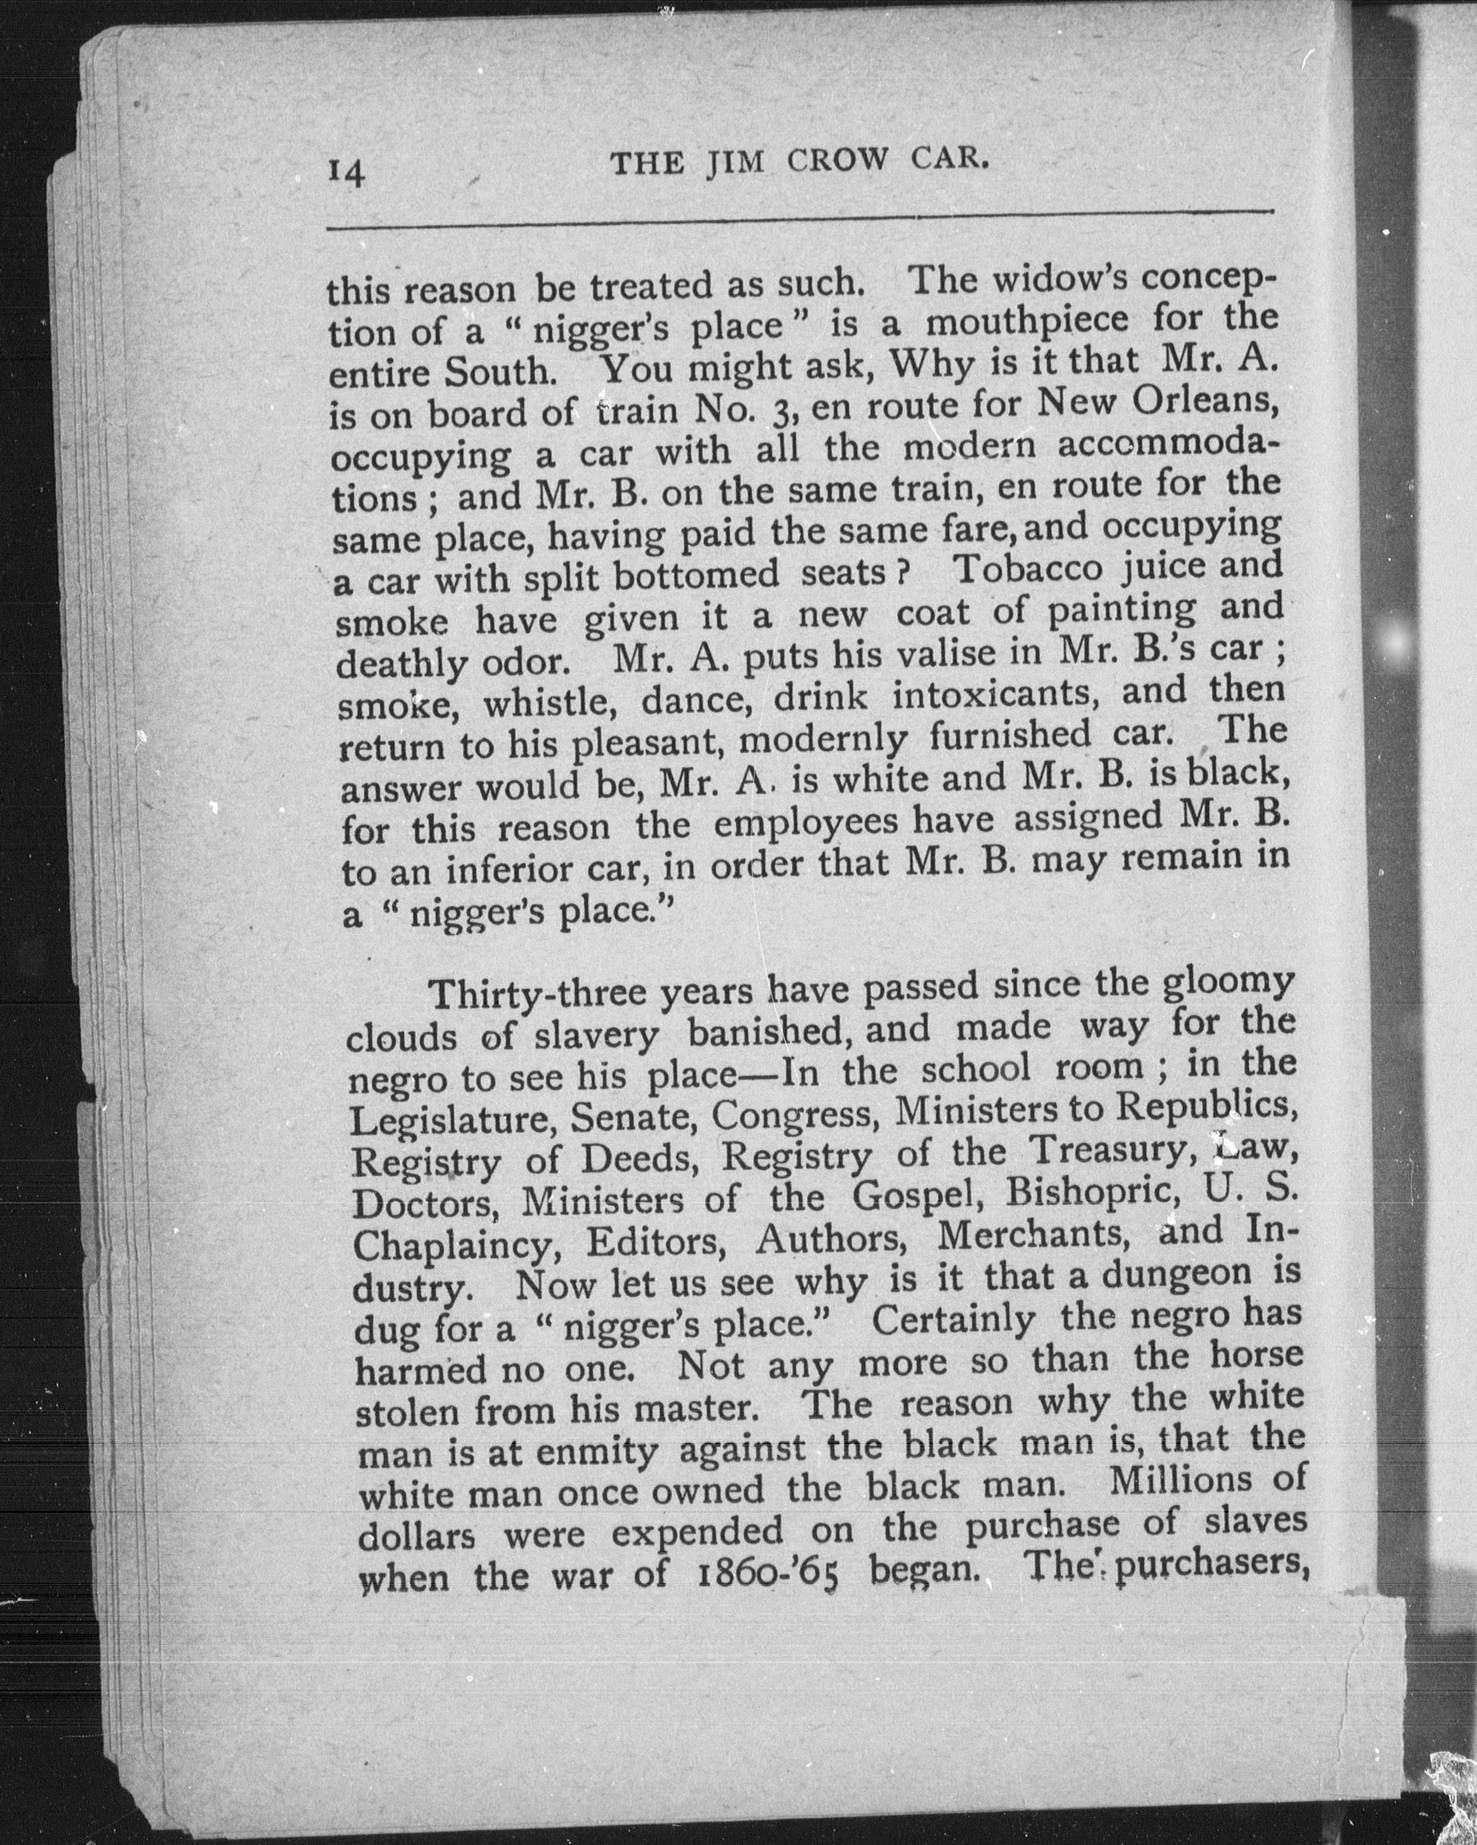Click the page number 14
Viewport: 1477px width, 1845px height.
(x=345, y=173)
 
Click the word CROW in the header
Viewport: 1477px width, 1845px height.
(x=843, y=162)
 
